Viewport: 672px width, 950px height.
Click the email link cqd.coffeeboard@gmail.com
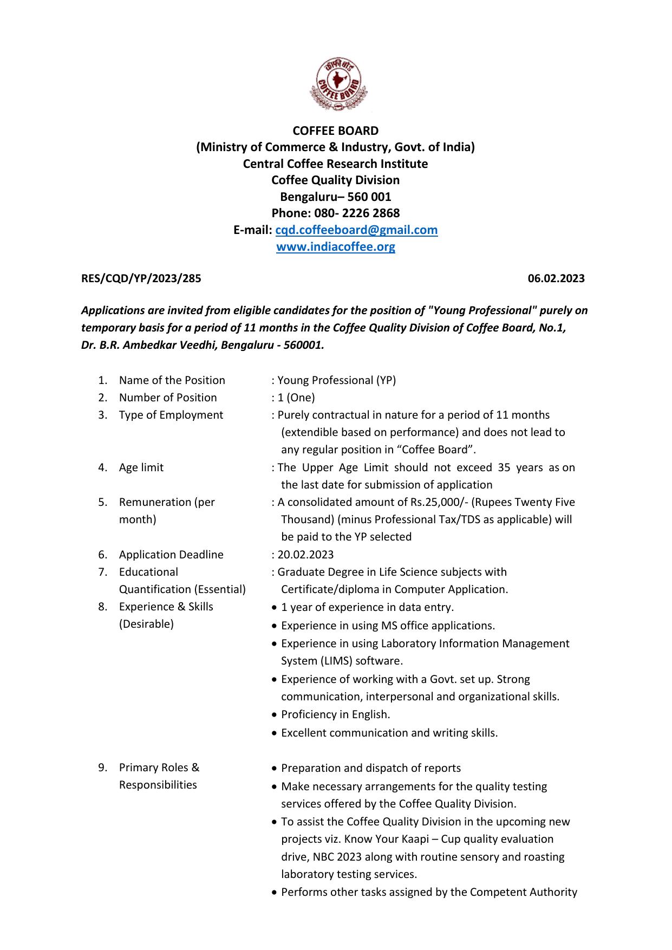[356, 230]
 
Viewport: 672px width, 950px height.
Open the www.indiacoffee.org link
[336, 247]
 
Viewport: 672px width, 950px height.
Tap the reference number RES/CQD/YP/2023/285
[141, 278]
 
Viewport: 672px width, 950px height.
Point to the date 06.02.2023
[556, 278]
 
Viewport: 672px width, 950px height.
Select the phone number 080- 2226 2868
[357, 213]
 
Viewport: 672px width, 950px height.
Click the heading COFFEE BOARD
[336, 131]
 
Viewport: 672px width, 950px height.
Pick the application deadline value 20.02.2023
[306, 555]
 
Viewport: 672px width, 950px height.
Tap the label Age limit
[141, 467]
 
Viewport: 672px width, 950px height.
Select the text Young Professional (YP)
[337, 380]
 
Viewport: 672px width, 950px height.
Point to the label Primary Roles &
[159, 767]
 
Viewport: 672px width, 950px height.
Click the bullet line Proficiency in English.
[335, 714]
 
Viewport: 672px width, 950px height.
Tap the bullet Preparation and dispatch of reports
[371, 768]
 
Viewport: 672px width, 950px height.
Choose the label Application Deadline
[171, 555]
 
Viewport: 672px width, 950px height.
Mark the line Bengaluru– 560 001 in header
[336, 197]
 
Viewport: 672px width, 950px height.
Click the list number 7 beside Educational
[102, 572]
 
